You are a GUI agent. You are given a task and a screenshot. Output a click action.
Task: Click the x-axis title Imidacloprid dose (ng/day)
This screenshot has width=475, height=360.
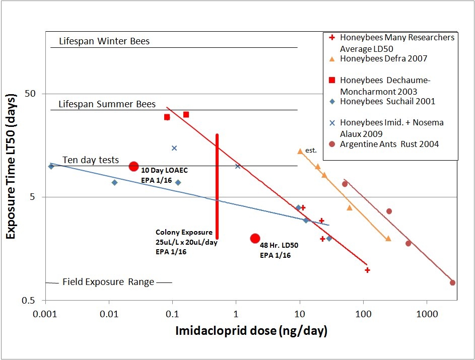click(x=251, y=331)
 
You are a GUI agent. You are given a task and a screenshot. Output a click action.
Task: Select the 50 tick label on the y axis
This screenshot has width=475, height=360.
click(x=33, y=94)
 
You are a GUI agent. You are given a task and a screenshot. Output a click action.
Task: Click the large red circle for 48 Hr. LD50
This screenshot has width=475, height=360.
click(x=255, y=239)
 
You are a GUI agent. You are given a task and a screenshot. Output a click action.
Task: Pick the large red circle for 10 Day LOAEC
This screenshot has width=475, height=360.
click(x=133, y=166)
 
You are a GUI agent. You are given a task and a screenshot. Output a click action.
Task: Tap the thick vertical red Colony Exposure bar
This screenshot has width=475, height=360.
click(x=217, y=186)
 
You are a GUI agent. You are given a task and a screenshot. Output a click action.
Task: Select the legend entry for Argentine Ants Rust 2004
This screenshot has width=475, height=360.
click(x=389, y=144)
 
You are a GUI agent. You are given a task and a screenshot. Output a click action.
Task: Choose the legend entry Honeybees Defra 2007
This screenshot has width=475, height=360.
click(x=383, y=59)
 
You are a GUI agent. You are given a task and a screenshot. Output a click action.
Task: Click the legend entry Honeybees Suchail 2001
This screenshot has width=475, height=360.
click(x=387, y=101)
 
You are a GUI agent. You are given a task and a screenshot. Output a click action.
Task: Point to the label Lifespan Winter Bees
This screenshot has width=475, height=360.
click(x=104, y=41)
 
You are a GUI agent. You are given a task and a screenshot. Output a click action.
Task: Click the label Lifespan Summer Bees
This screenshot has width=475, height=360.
click(x=107, y=105)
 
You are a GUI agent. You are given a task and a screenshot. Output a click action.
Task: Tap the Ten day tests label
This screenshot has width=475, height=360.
click(x=91, y=160)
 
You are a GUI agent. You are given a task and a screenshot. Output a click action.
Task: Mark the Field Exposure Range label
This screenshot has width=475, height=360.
click(x=108, y=282)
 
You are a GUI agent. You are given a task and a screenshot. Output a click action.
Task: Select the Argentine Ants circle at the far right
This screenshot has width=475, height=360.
click(x=452, y=283)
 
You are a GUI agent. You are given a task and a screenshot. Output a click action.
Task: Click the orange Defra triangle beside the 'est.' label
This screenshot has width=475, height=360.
click(x=300, y=151)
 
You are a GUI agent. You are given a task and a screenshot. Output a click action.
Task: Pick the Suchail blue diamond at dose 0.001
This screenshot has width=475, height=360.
click(x=51, y=166)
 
